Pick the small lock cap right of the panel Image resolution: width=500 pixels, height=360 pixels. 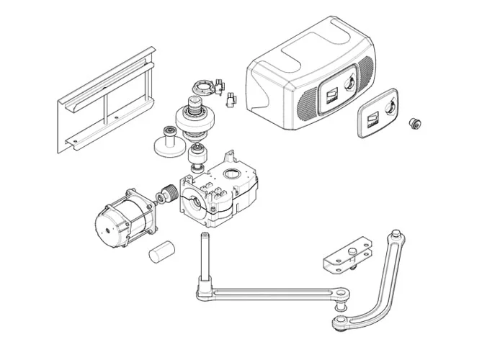414,123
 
